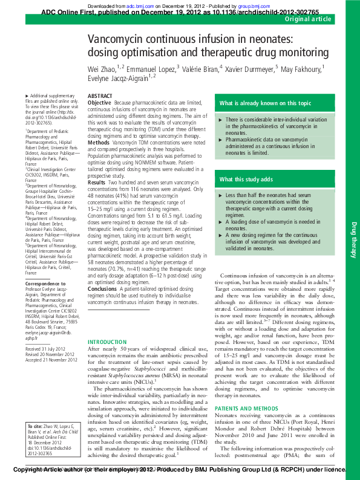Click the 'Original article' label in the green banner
[x=309, y=19]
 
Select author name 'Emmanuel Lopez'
[x=151, y=67]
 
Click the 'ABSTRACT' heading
[x=100, y=96]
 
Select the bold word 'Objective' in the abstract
[x=99, y=103]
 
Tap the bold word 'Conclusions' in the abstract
[x=102, y=290]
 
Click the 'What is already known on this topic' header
[x=266, y=103]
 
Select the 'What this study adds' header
[x=246, y=180]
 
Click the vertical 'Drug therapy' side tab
[x=354, y=239]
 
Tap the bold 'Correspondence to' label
[x=45, y=284]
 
